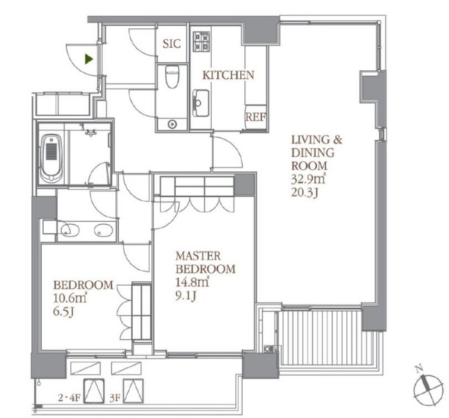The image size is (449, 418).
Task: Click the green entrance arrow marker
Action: pos(89,59)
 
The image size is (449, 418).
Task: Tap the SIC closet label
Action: pos(172,44)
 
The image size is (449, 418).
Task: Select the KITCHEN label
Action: pos(228,75)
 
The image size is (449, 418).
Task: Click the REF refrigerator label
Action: pos(255,117)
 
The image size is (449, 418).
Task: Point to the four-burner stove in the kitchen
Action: pos(202,41)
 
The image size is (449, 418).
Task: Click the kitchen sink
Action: pos(201,103)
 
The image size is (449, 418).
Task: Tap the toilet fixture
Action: pos(172,77)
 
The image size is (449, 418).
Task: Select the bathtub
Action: pos(52,159)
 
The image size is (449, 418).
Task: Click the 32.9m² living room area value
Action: pos(308,179)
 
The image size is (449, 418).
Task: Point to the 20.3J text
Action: pos(305,192)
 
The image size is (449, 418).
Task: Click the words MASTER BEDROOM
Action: pos(205,262)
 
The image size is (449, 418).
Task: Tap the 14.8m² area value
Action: pos(192,282)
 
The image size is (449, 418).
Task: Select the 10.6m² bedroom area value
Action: pos(70,299)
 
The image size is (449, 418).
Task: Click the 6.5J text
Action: pos(63,312)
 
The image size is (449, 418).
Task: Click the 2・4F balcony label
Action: pos(70,398)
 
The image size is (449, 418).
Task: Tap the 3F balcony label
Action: pos(115,398)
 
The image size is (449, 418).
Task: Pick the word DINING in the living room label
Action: pos(313,153)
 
